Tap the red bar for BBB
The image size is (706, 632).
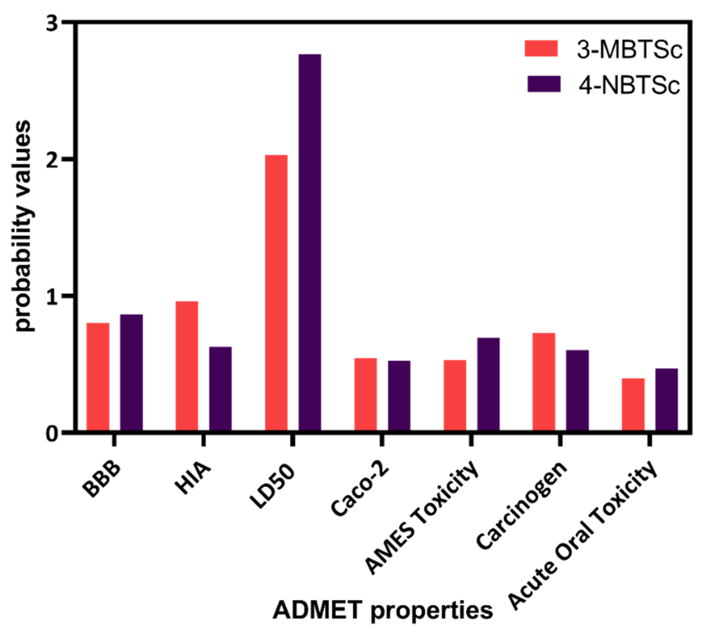pos(98,377)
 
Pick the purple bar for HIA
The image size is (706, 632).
pos(220,389)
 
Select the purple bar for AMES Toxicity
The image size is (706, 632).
pos(489,384)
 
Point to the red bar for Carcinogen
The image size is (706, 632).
pos(544,382)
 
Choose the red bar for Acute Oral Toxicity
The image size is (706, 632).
pos(633,404)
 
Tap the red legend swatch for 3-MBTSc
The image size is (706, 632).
pos(541,48)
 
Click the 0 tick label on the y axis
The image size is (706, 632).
pos(52,434)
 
